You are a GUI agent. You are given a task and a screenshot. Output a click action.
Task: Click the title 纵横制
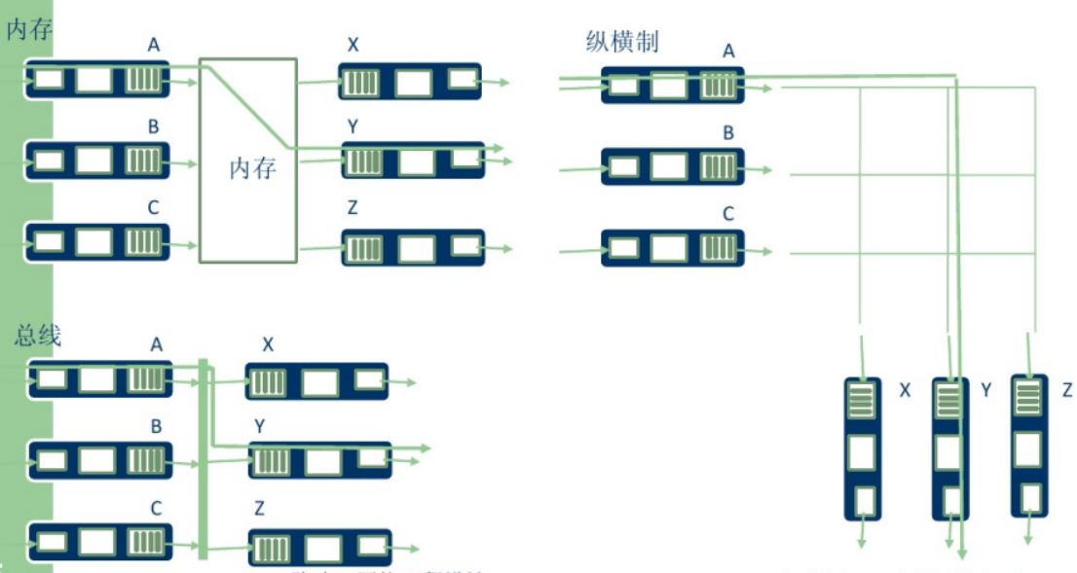(621, 42)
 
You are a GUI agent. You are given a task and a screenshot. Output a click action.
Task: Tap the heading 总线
(38, 337)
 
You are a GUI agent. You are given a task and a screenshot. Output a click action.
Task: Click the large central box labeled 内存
(247, 161)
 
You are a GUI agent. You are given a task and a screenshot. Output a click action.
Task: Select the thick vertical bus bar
(204, 458)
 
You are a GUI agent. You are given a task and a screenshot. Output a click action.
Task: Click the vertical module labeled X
(862, 448)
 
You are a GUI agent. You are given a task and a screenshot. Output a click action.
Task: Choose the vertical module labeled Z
(1029, 445)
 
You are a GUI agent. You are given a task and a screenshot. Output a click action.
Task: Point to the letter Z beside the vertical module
(1067, 390)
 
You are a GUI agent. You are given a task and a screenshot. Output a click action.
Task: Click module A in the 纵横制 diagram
(672, 86)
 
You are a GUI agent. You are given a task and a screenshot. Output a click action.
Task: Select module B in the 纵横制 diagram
(672, 166)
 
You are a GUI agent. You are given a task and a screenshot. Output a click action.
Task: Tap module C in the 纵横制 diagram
(672, 247)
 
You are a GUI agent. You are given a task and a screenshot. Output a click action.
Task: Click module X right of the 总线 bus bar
(316, 381)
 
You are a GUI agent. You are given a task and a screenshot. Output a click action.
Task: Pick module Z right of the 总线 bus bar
(319, 548)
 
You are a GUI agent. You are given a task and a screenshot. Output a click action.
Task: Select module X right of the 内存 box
(410, 82)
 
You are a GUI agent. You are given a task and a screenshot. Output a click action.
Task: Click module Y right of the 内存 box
(412, 160)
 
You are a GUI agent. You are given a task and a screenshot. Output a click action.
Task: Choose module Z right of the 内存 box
(412, 248)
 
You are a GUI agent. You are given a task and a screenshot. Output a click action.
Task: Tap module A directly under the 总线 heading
(98, 377)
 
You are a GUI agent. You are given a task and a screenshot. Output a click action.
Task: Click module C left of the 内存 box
(96, 241)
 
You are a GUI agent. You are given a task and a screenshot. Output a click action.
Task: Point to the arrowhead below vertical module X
(862, 544)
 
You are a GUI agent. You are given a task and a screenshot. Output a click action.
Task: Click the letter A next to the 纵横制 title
(727, 51)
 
